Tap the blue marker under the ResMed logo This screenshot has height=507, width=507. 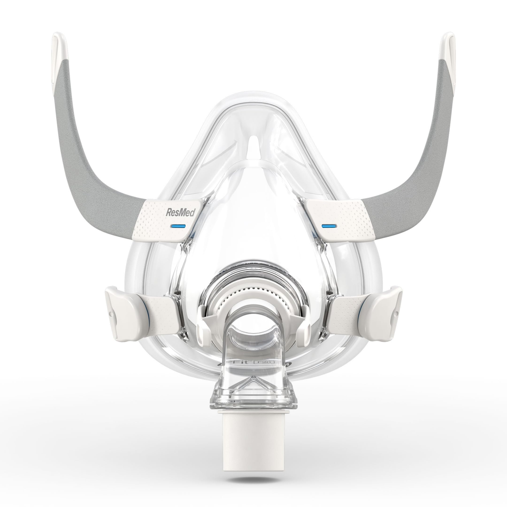[x=178, y=226]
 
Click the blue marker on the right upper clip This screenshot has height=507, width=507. [x=329, y=226]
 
